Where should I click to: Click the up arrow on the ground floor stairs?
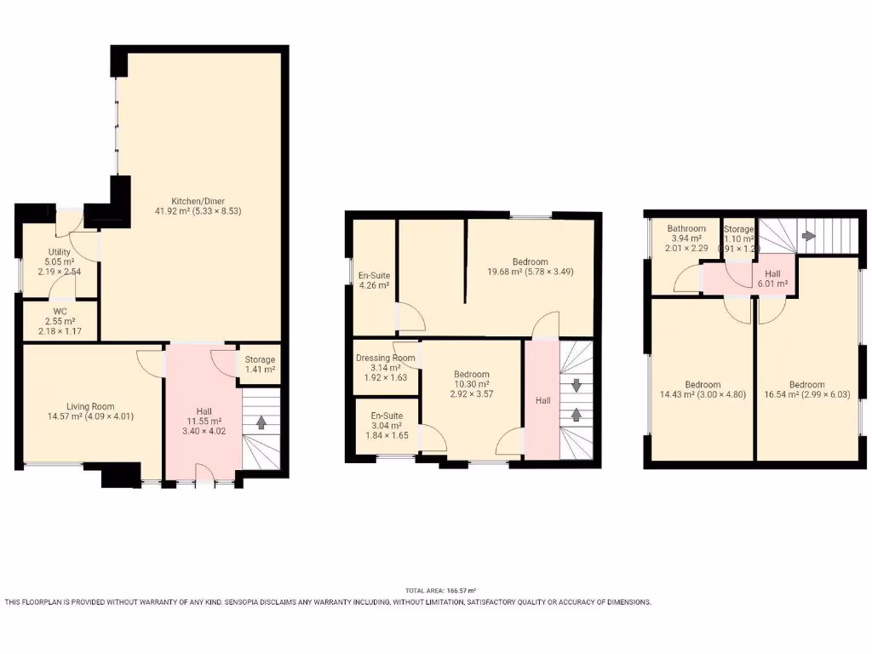tap(261, 421)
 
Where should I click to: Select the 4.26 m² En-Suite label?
tap(373, 280)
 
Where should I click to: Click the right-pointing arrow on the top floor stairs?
tap(808, 236)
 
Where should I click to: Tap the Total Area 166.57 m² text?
tap(439, 591)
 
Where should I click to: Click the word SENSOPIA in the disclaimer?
tap(246, 602)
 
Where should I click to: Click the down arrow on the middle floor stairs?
tap(577, 386)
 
